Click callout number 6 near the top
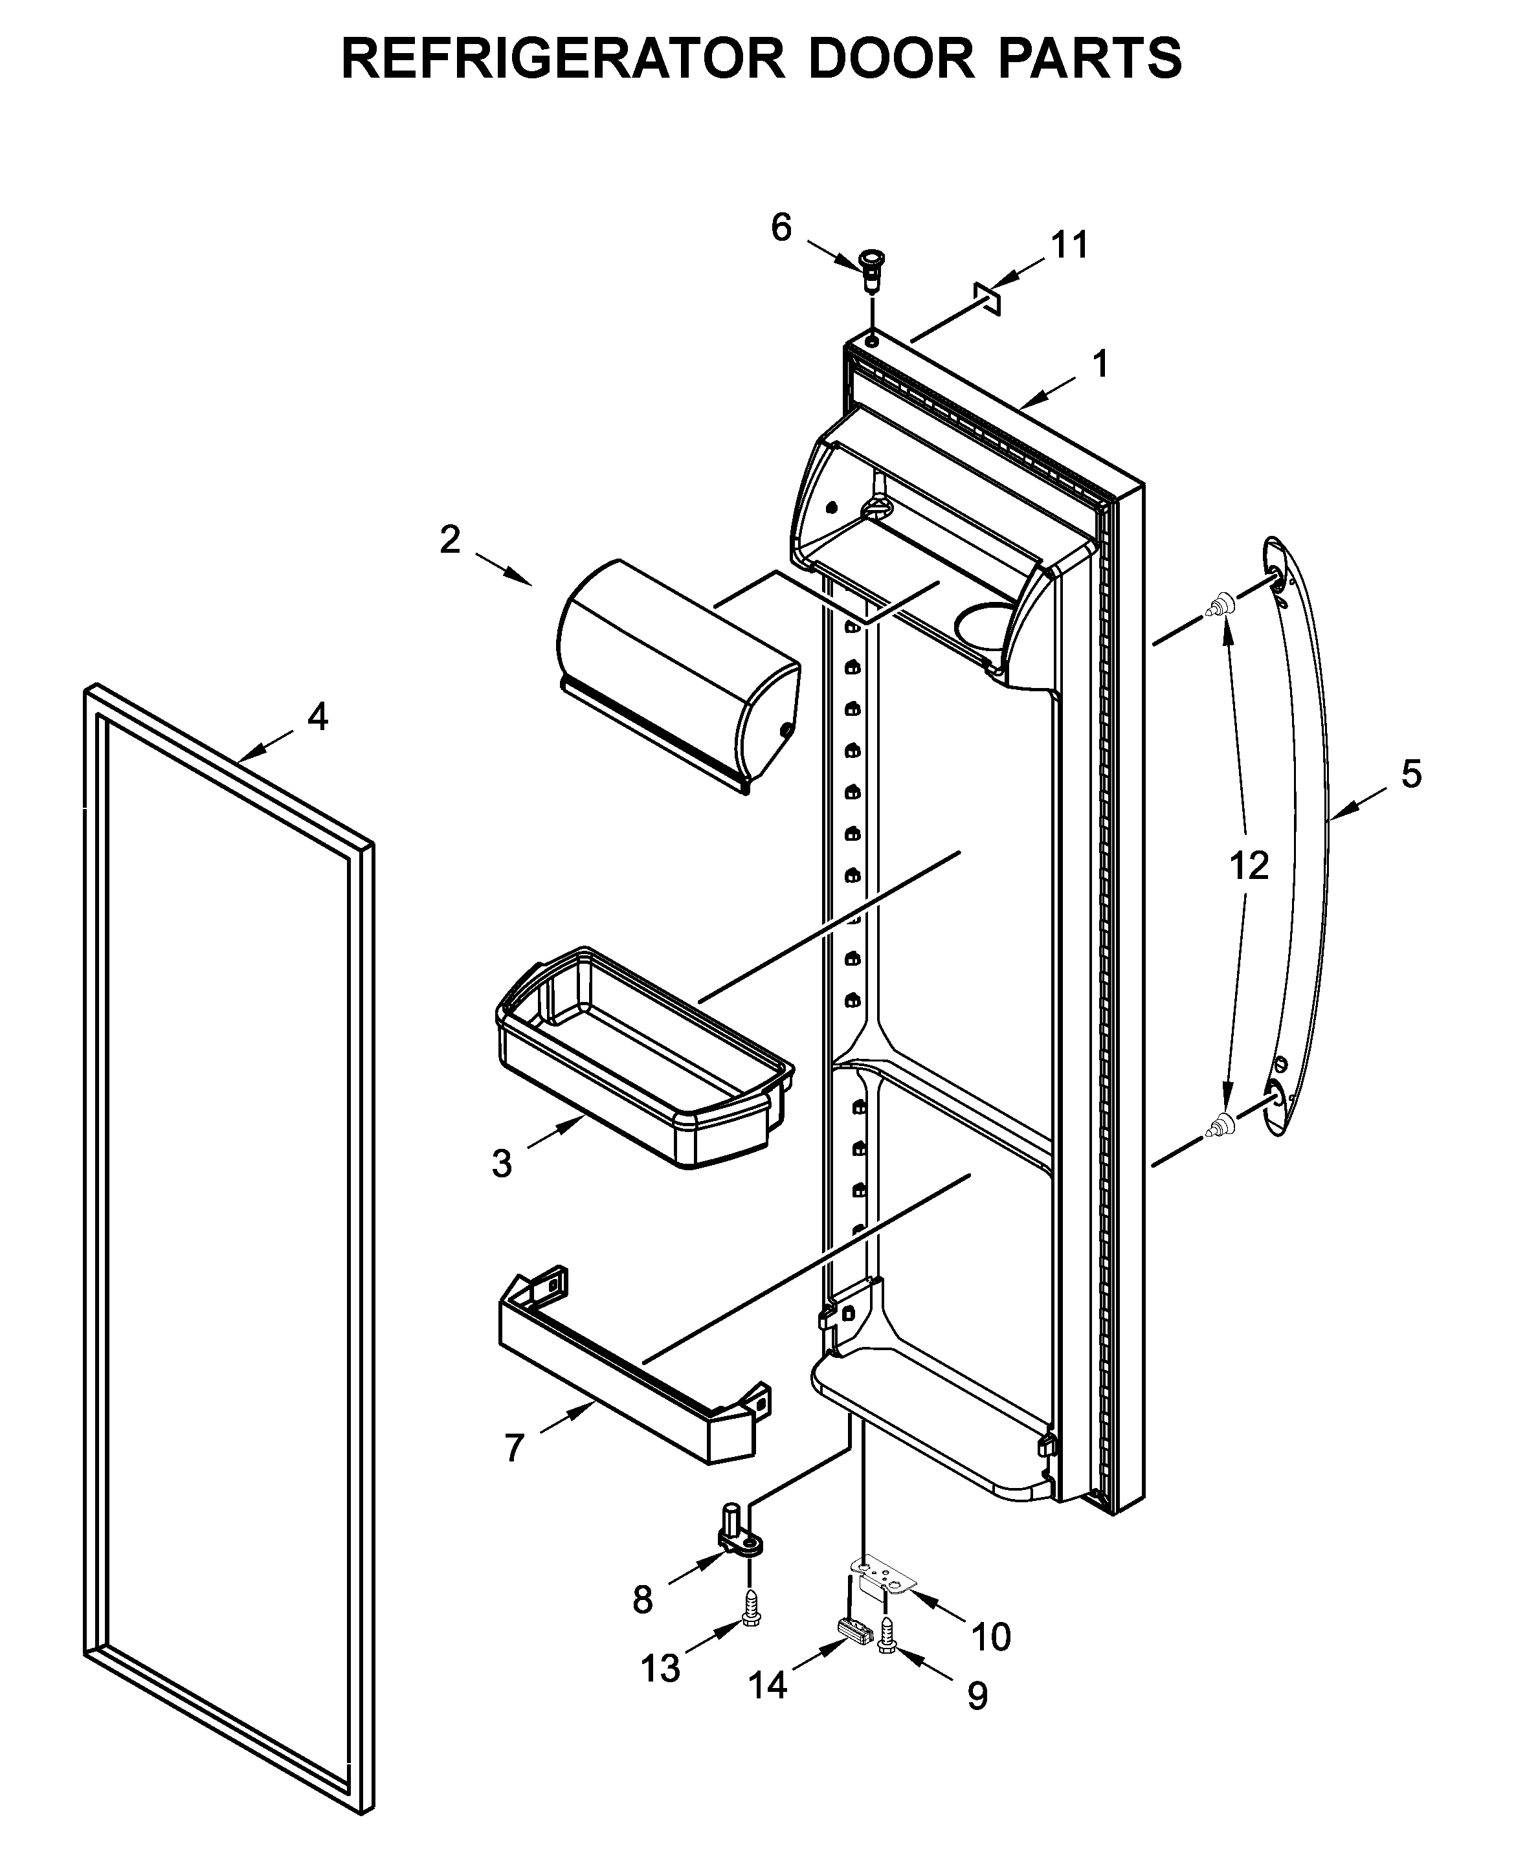point(781,228)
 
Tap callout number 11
point(1069,245)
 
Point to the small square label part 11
point(986,298)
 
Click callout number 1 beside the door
point(1100,364)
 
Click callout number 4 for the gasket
point(317,716)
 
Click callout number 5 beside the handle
point(1410,775)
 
